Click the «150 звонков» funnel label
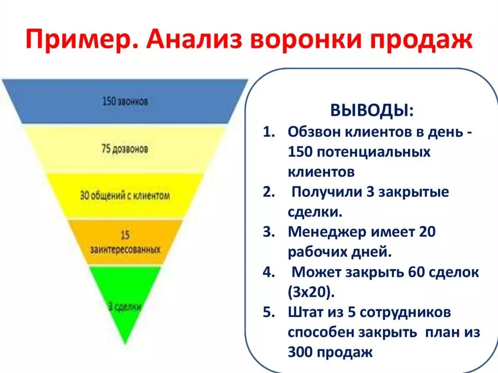(x=125, y=101)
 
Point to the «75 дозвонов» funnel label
(x=124, y=149)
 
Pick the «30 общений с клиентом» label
(x=125, y=195)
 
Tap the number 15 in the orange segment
(x=125, y=235)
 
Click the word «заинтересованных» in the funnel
(x=125, y=249)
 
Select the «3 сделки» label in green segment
(x=125, y=306)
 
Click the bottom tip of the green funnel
(x=125, y=344)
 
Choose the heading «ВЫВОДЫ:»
(x=372, y=110)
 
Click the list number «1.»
(x=268, y=131)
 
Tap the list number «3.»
(x=268, y=232)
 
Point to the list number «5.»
(x=268, y=312)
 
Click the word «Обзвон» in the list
(x=314, y=131)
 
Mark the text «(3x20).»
(x=311, y=292)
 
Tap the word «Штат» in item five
(x=305, y=312)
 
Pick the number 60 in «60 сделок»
(x=416, y=272)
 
